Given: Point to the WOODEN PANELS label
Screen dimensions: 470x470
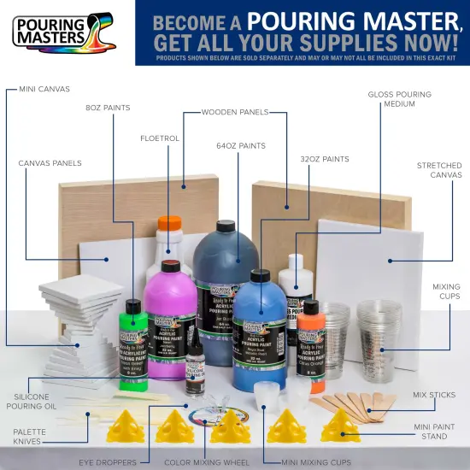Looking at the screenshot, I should point(235,112).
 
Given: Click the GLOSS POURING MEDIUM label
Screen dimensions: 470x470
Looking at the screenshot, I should point(400,98).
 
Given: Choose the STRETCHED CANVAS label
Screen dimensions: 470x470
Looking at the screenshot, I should point(439,170).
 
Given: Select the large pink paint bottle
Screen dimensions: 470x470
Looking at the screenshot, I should point(171,316).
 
